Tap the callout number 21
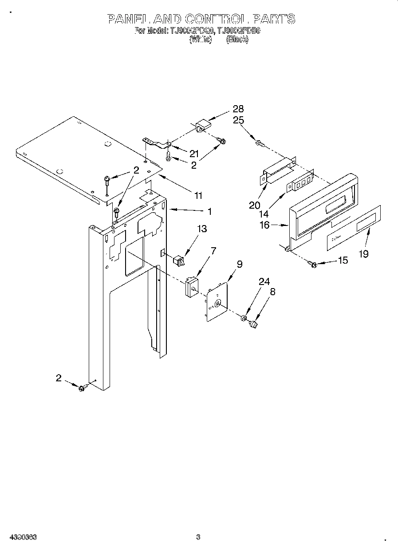[194, 154]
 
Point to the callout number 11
[198, 194]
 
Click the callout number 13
[202, 229]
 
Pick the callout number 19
[363, 254]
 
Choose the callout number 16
[264, 225]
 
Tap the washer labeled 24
[244, 318]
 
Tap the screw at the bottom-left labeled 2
[82, 388]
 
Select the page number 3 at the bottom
[198, 537]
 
